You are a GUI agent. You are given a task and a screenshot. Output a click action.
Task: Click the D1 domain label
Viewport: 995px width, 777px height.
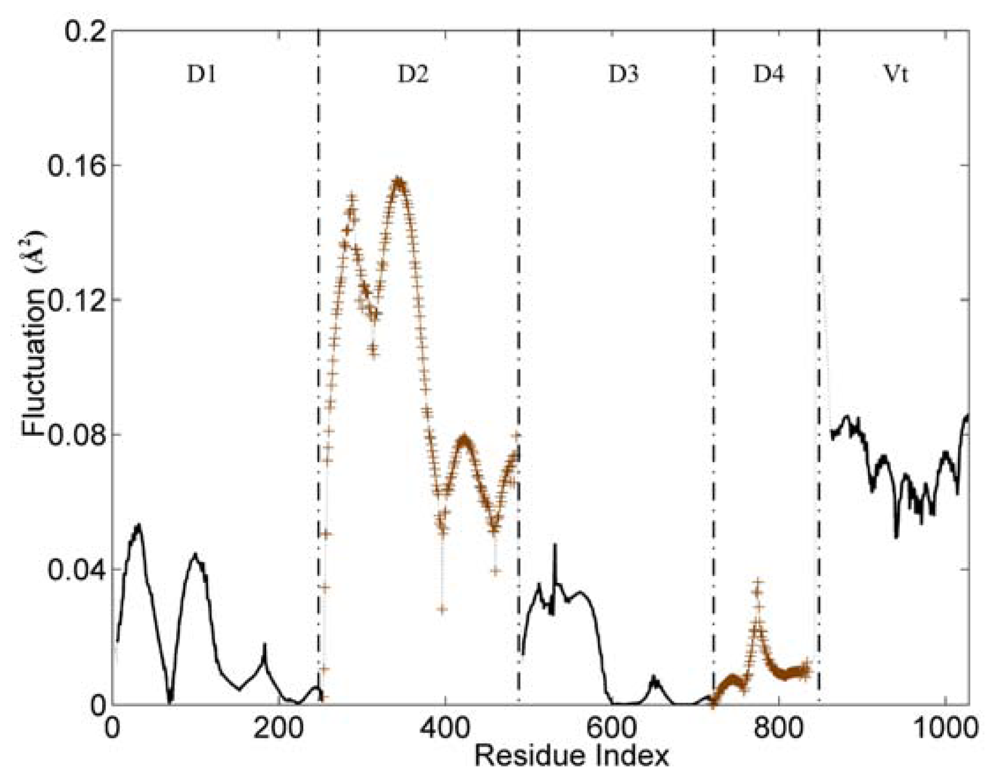tap(202, 75)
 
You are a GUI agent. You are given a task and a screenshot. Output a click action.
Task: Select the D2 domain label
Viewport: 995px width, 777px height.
tap(413, 75)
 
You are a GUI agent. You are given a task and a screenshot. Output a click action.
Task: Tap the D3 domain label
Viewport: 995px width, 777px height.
tap(623, 75)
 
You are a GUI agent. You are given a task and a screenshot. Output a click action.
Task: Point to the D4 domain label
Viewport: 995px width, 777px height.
tap(768, 75)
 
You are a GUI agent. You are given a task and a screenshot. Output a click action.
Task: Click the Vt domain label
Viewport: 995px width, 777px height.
tap(896, 75)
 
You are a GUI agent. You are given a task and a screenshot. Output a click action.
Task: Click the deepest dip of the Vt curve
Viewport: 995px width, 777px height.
tap(896, 536)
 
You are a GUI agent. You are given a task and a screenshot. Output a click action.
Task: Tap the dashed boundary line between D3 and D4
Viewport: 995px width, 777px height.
tap(713, 370)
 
